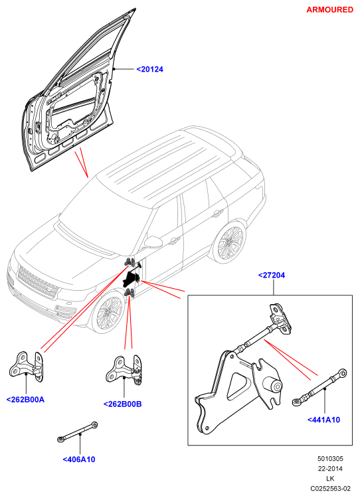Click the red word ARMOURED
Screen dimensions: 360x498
(x=329, y=10)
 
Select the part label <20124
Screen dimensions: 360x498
(x=149, y=69)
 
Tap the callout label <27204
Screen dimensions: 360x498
(x=272, y=275)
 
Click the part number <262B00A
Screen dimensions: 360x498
(x=25, y=400)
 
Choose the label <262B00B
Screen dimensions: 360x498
(x=123, y=404)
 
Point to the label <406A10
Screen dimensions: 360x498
(x=79, y=459)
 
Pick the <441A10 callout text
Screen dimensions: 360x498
(x=323, y=420)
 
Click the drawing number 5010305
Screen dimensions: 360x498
(x=331, y=459)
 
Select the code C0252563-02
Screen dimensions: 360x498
(x=331, y=489)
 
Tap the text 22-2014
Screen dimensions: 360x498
(x=331, y=469)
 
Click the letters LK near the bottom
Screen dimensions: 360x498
(x=331, y=479)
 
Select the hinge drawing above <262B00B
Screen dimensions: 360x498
(x=124, y=370)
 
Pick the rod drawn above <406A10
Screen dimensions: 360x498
(x=77, y=432)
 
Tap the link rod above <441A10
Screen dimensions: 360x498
(x=319, y=388)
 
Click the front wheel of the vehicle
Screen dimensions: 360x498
(x=108, y=313)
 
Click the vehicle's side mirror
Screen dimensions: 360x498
(x=153, y=242)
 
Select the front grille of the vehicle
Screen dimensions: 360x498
(x=38, y=283)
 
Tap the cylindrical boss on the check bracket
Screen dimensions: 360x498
(x=274, y=385)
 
